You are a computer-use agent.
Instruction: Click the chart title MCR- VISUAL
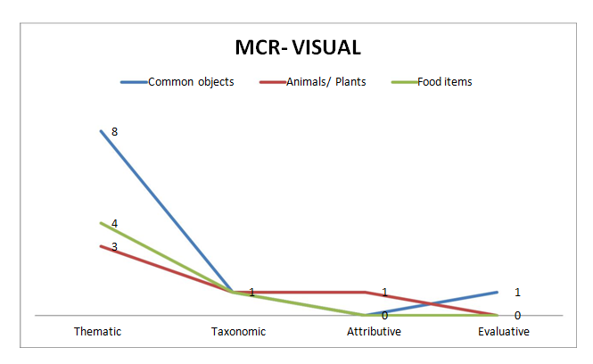pos(297,47)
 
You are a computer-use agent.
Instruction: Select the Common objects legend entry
pos(191,82)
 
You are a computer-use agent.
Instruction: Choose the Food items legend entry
pos(444,82)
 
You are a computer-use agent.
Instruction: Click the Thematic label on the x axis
pos(98,332)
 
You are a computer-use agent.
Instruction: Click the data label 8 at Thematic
pos(114,131)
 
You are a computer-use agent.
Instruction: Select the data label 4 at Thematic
pos(114,223)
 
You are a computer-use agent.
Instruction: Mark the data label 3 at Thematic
pos(114,245)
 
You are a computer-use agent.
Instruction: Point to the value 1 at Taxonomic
pos(251,292)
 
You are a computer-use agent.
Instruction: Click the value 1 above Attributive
pos(384,292)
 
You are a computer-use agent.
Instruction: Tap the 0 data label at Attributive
pos(384,315)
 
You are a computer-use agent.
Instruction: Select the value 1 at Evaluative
pos(517,292)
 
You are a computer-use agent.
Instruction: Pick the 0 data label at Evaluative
pos(517,315)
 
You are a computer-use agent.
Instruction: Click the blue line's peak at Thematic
pos(100,131)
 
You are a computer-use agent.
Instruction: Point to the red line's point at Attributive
pos(366,292)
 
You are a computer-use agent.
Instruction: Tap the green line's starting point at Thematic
pos(100,223)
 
